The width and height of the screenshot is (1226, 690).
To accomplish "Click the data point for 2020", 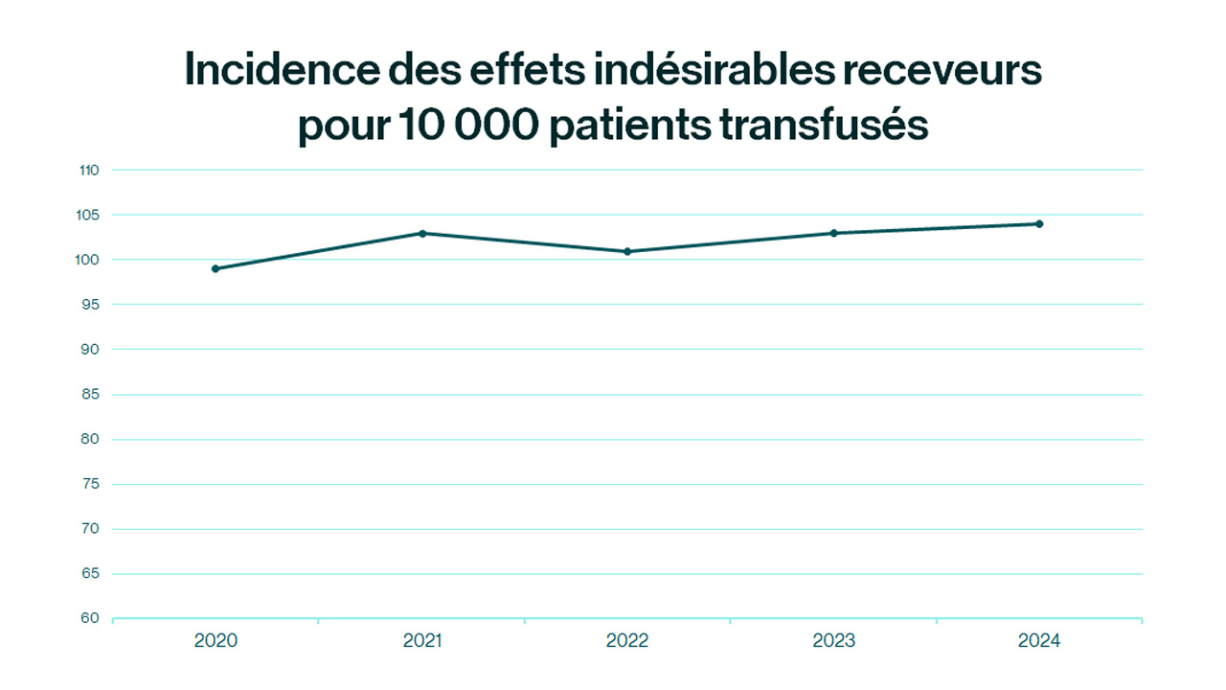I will pos(216,268).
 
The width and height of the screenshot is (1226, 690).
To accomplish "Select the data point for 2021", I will pos(422,233).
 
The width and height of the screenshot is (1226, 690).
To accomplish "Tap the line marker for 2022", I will pos(627,251).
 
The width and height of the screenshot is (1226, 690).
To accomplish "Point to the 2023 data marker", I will pos(833,233).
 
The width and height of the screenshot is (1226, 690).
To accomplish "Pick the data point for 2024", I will pos(1039,224).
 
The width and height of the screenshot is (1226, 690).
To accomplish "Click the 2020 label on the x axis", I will pos(216,641).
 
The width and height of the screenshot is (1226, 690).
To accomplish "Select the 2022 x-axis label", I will pos(627,641).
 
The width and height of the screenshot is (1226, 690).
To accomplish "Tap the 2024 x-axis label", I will pos(1039,641).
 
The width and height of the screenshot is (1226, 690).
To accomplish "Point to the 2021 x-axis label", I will pos(422,641).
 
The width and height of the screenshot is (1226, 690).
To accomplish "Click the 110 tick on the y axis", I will pos(89,171).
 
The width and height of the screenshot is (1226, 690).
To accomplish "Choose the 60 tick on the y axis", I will pos(89,618).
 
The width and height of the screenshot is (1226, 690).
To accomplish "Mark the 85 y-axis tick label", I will pos(89,395).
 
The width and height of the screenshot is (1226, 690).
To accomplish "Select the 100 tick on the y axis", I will pos(89,260).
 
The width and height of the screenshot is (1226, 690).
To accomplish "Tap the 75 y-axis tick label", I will pos(89,484).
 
